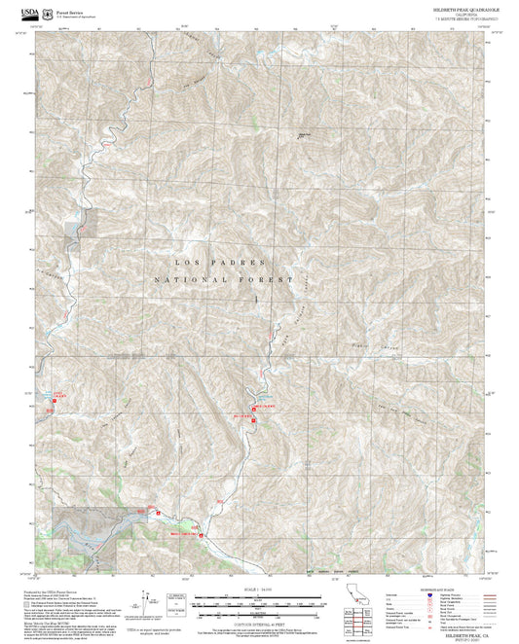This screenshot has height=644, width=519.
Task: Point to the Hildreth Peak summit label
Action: pos(302,137)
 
